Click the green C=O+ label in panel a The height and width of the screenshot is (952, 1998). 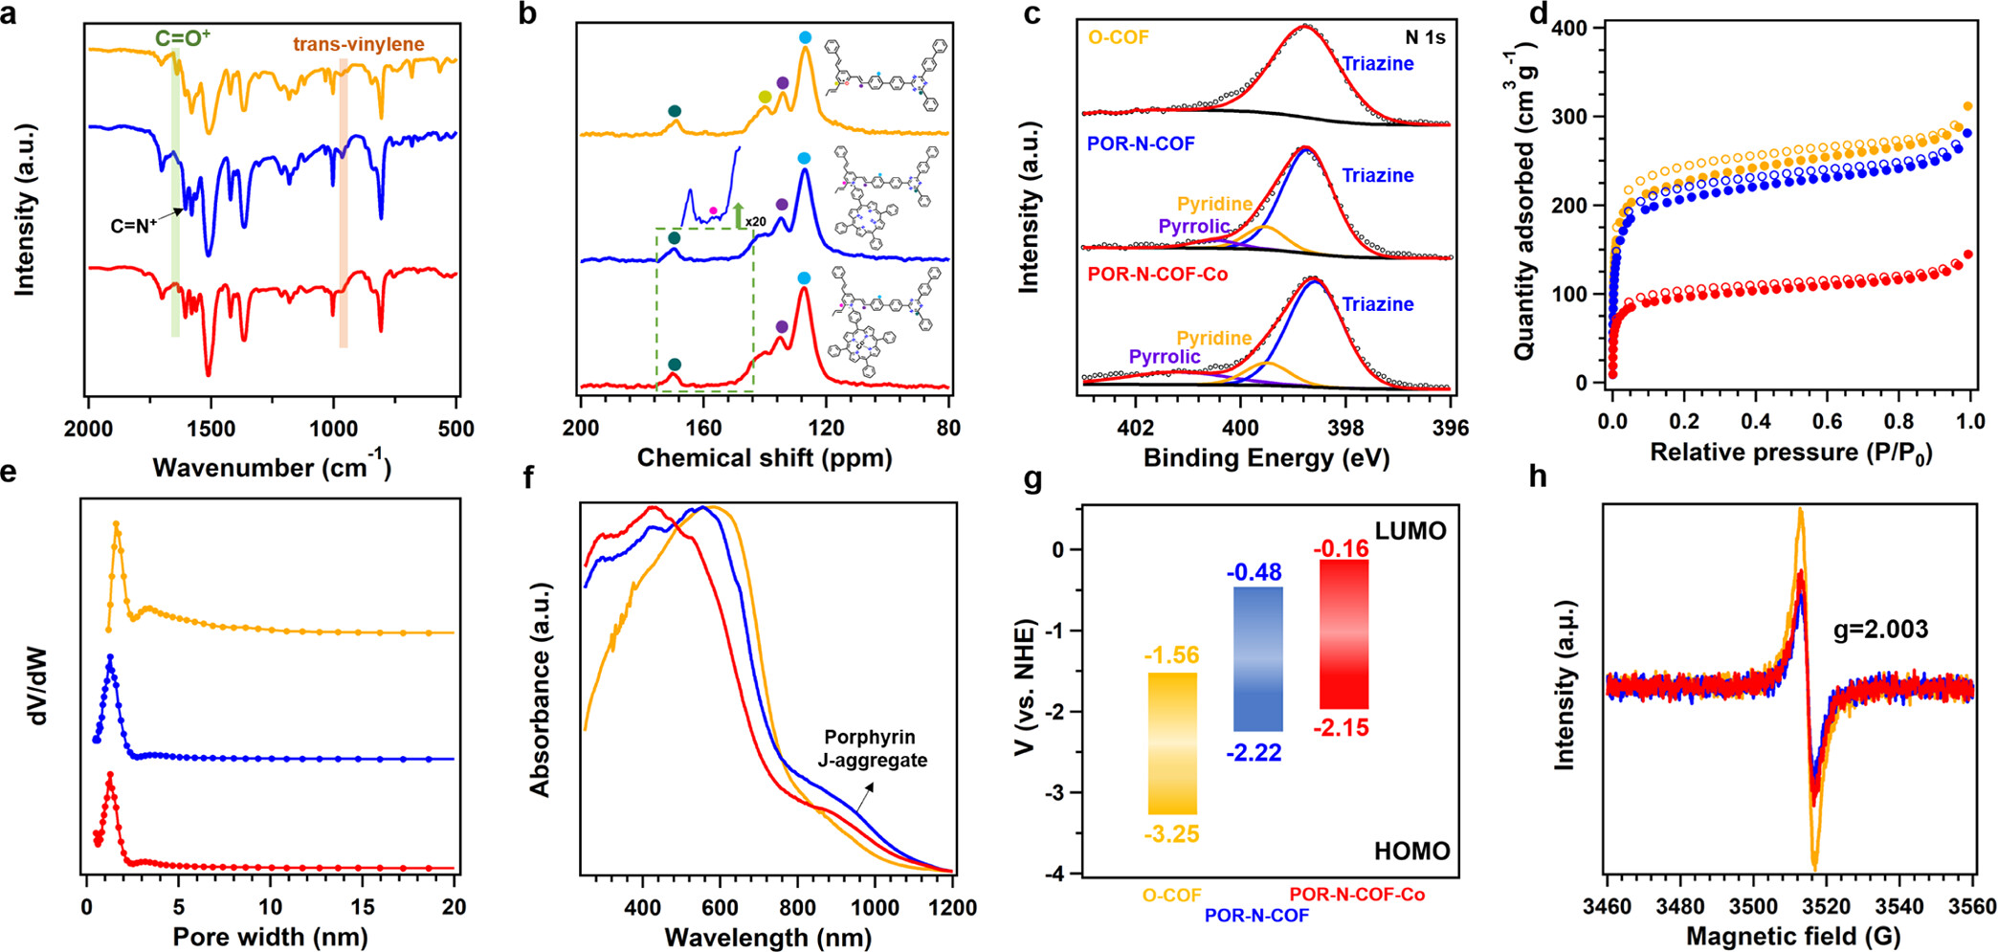pyautogui.click(x=183, y=38)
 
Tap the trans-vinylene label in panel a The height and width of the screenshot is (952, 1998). pyautogui.click(x=358, y=44)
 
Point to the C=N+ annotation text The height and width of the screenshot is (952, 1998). pyautogui.click(x=134, y=227)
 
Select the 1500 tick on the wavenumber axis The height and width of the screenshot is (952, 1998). pyautogui.click(x=211, y=429)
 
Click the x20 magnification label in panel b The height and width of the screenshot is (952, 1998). pyautogui.click(x=755, y=222)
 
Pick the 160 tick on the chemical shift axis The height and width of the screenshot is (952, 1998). pyautogui.click(x=703, y=428)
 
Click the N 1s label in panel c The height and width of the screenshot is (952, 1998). pyautogui.click(x=1424, y=37)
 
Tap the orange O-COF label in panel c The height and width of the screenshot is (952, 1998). pyautogui.click(x=1119, y=38)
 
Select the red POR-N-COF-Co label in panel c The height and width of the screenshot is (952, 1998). pyautogui.click(x=1157, y=275)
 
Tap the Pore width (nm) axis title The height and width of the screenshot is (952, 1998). pyautogui.click(x=270, y=937)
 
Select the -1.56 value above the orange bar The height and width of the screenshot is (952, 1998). pyautogui.click(x=1171, y=655)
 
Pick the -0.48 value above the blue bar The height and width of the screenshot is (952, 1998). pyautogui.click(x=1254, y=572)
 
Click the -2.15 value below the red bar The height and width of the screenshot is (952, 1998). pyautogui.click(x=1341, y=728)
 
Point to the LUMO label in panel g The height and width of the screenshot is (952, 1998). pyautogui.click(x=1410, y=531)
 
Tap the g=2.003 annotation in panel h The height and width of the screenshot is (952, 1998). pyautogui.click(x=1880, y=630)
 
